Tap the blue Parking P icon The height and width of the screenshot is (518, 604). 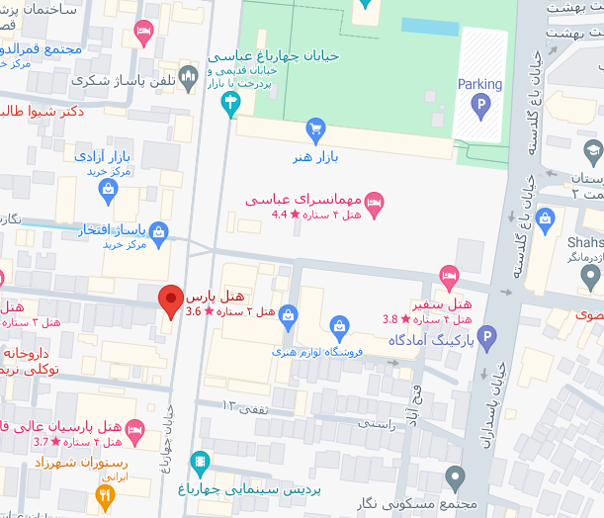click(x=480, y=105)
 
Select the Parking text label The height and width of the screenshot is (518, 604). click(x=479, y=85)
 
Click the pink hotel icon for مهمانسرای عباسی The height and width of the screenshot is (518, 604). click(x=375, y=205)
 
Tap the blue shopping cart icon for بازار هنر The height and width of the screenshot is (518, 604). click(x=315, y=128)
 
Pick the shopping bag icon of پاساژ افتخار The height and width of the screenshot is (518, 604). click(x=158, y=231)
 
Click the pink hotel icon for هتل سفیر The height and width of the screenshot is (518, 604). click(x=449, y=275)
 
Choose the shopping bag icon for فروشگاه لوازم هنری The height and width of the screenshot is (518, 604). click(x=339, y=324)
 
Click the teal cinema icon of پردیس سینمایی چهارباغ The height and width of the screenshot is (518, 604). click(x=201, y=461)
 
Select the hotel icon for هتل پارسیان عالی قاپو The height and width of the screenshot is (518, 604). click(x=135, y=429)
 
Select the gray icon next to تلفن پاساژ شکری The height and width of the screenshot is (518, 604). click(x=190, y=78)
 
